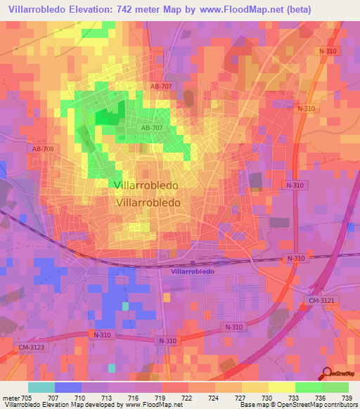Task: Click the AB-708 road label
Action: tap(43, 149)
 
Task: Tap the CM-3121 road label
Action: tap(321, 301)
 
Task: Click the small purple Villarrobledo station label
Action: tap(192, 270)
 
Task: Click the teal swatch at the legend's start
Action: tap(41, 387)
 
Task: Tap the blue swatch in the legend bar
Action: tap(68, 387)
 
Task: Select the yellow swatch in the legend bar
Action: tap(281, 387)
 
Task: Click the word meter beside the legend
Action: tap(11, 398)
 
